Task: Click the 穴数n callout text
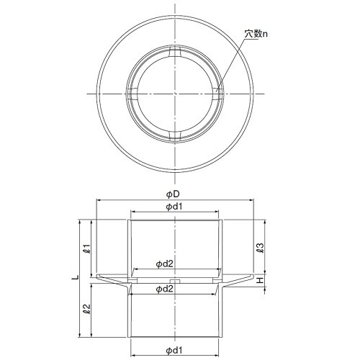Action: pyautogui.click(x=256, y=34)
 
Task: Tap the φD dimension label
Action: pyautogui.click(x=173, y=194)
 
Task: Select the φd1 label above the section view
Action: pyautogui.click(x=174, y=207)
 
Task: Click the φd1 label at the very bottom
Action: pyautogui.click(x=174, y=351)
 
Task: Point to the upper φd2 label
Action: pyautogui.click(x=165, y=264)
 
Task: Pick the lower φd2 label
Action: pyautogui.click(x=165, y=289)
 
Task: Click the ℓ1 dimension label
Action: pyautogui.click(x=86, y=249)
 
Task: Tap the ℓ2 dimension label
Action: pyautogui.click(x=86, y=309)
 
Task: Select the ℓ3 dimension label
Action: pyautogui.click(x=260, y=248)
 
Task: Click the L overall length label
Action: pyautogui.click(x=76, y=277)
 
